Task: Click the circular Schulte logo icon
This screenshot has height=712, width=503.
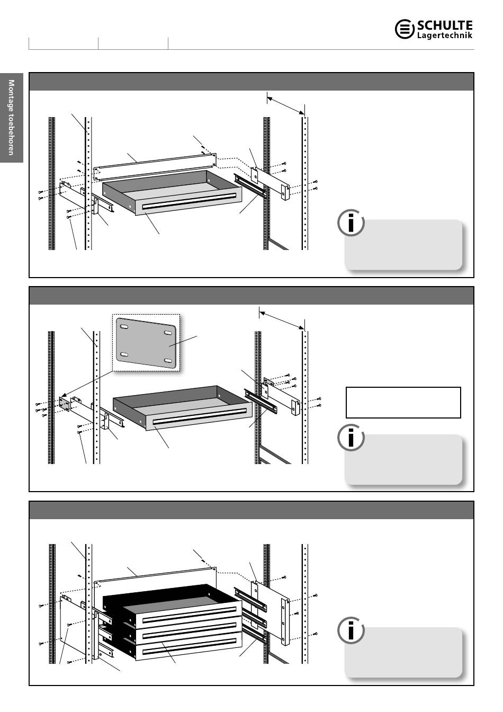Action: coord(405,29)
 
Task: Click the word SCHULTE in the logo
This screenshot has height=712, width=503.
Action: coord(445,25)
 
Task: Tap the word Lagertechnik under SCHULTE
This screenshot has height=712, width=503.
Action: coord(445,35)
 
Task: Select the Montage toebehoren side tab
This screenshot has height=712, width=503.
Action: coord(12,118)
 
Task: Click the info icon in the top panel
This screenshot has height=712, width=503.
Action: coord(351,222)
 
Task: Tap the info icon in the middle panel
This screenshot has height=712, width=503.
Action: coord(351,437)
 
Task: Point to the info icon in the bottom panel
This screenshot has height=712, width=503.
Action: coord(351,630)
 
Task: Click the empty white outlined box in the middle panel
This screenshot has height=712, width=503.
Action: coord(403,403)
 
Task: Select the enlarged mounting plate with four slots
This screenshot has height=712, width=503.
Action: coord(146,343)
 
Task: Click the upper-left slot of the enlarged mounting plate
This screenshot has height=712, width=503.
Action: coord(124,327)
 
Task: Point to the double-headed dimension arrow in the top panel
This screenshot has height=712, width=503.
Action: coord(286,106)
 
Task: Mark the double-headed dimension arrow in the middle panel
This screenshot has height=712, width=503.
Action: coord(282,321)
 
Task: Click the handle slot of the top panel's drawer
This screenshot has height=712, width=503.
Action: coord(190,201)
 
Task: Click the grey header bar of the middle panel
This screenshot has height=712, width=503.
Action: coord(251,296)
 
